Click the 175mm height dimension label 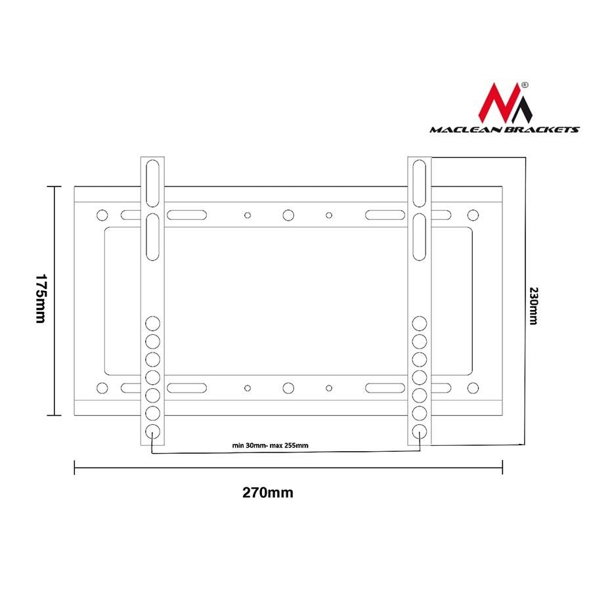[41, 299]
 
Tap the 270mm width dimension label [268, 492]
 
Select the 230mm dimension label [534, 305]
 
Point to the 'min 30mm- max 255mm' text [271, 445]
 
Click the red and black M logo [505, 103]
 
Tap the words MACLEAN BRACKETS [504, 129]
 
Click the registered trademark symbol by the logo [525, 85]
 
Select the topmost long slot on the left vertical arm [152, 183]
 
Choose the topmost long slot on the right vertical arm [420, 183]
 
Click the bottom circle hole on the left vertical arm [152, 431]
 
